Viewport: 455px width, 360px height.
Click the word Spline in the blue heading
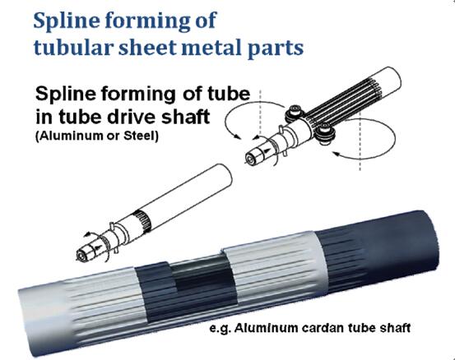coord(67,21)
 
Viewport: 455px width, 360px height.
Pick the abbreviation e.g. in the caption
coord(219,330)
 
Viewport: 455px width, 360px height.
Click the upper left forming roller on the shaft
coord(295,113)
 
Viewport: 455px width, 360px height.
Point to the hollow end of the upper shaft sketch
coord(250,159)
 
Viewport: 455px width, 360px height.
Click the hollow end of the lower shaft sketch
coord(81,256)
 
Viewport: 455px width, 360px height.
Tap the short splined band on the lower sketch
coord(142,220)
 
